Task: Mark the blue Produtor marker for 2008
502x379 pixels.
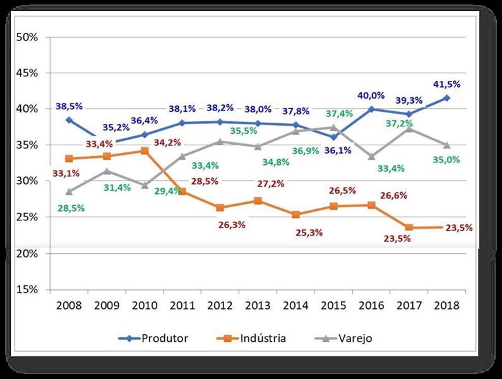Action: (69, 119)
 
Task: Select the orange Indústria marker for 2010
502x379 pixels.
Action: (145, 150)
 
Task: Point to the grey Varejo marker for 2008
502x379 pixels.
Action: (69, 191)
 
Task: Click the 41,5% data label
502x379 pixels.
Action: (447, 84)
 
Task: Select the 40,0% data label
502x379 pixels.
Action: (372, 96)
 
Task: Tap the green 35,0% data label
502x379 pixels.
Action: (446, 160)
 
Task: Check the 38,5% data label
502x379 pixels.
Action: (68, 106)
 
